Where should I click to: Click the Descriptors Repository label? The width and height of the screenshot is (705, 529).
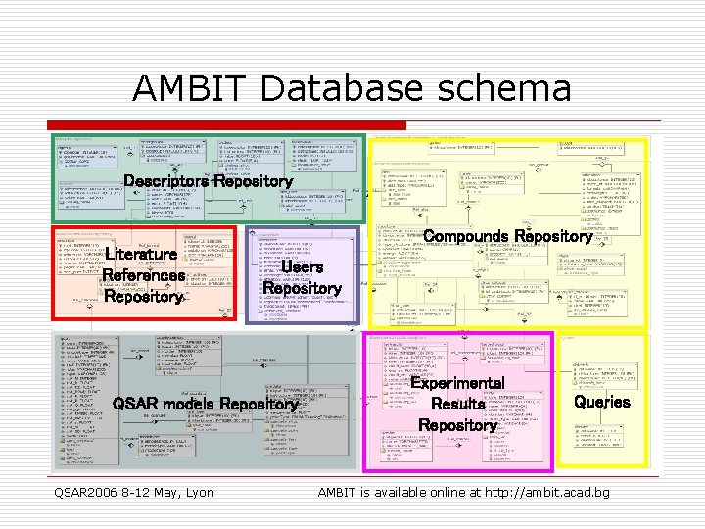click(x=208, y=181)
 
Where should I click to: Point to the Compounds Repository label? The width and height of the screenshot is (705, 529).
click(x=508, y=237)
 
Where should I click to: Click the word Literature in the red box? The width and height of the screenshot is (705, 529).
click(x=141, y=254)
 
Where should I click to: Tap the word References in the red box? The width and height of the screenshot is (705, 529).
click(x=143, y=275)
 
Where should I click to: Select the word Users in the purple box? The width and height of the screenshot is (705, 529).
click(x=302, y=266)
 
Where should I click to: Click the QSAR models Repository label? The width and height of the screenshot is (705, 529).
click(x=204, y=404)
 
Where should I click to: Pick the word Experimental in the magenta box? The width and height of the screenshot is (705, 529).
click(x=457, y=383)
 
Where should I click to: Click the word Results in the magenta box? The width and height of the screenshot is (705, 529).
click(x=457, y=404)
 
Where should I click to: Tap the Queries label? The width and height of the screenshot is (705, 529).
click(x=602, y=402)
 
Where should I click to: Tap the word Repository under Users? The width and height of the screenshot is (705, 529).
click(x=302, y=289)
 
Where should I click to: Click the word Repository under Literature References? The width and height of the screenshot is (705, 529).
click(x=143, y=297)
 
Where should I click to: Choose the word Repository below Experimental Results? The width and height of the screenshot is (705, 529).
click(x=457, y=425)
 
